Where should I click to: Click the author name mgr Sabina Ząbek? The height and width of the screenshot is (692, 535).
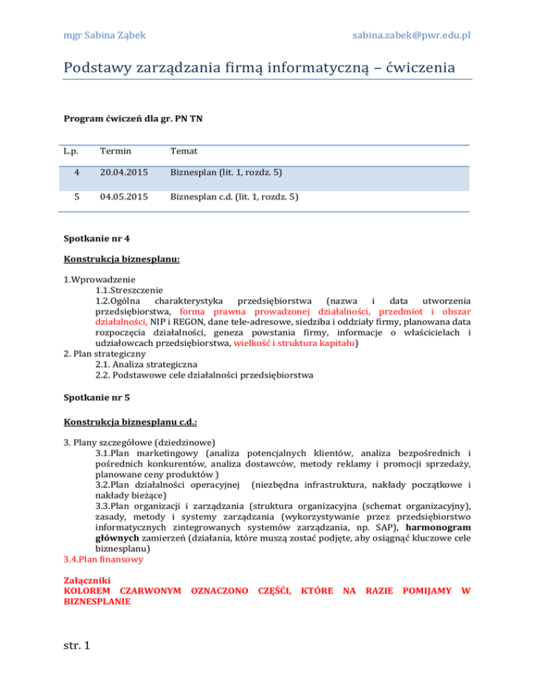coord(106,34)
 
